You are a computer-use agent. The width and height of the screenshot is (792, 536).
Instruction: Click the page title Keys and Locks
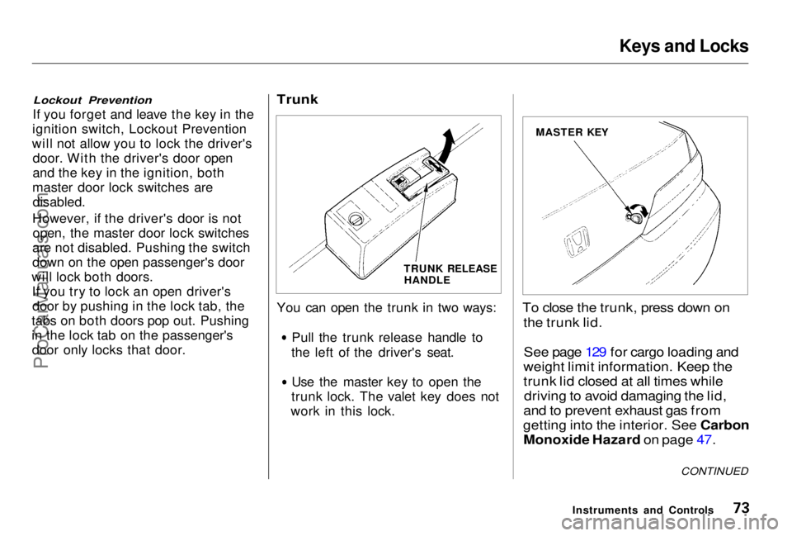coord(684,46)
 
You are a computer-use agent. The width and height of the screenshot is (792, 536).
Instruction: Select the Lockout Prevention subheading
coord(92,100)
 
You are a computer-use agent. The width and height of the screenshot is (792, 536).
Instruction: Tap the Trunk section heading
coord(298,99)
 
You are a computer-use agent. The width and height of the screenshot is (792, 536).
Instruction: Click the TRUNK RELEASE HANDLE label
coord(450,274)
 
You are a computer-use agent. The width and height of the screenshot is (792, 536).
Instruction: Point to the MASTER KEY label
coord(572,132)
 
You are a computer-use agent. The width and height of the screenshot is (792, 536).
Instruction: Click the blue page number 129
coord(596,352)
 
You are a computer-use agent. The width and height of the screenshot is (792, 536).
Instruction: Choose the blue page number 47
coord(704,440)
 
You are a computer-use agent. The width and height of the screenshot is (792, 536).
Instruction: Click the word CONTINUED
coord(714,472)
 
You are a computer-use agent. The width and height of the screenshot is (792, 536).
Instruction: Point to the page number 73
coord(740,507)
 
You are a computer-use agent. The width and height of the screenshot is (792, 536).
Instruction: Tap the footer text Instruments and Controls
coord(643,510)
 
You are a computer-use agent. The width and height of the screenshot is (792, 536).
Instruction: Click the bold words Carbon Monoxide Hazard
coord(636,432)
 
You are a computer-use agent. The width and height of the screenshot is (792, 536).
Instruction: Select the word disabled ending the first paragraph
coord(58,202)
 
